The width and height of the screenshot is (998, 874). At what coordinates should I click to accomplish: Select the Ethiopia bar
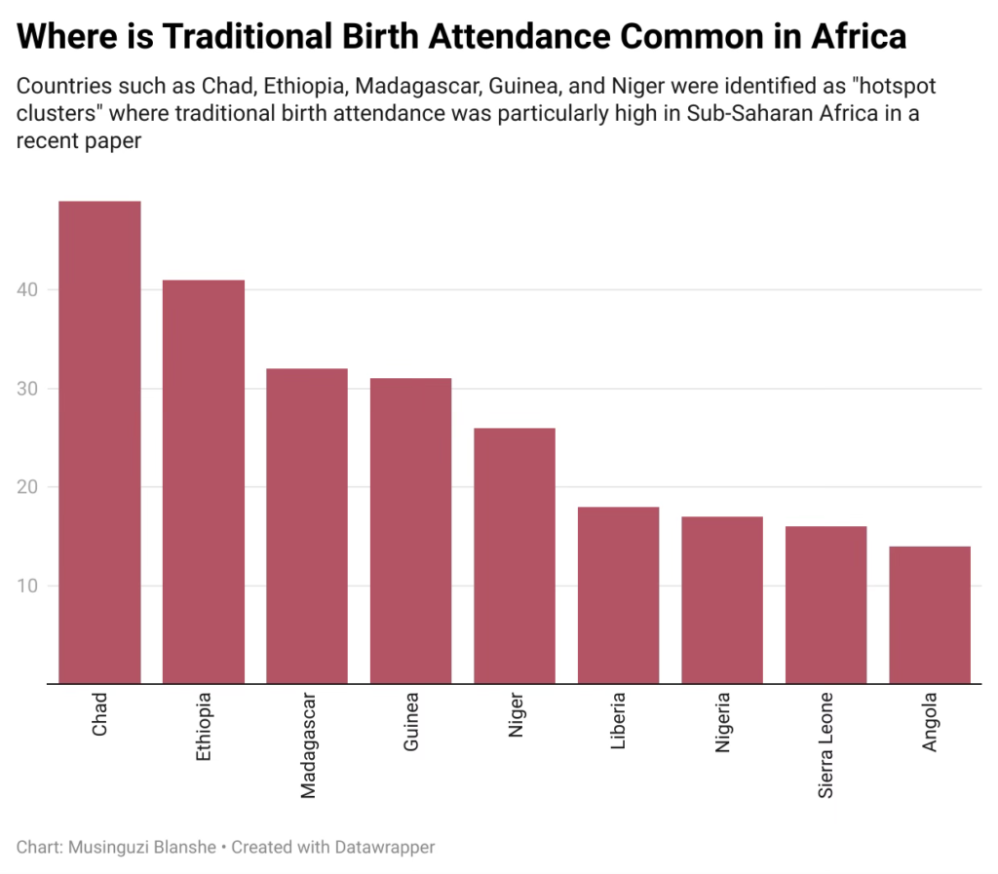coord(203,481)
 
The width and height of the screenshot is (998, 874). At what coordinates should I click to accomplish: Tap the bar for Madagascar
coord(307,525)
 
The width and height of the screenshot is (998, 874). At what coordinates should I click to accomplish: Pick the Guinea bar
coord(410,530)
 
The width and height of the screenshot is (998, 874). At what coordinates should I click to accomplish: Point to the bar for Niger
coord(515,555)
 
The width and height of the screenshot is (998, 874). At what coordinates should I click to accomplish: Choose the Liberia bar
coord(618,594)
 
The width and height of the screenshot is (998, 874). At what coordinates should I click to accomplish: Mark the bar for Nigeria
coord(721,599)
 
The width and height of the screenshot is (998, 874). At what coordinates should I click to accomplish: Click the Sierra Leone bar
coord(825,604)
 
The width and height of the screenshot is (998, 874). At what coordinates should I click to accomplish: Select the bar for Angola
coord(930,615)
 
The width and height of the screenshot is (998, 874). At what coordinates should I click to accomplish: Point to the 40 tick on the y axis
coord(28,290)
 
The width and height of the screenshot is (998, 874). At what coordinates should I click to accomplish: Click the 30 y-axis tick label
coord(28,389)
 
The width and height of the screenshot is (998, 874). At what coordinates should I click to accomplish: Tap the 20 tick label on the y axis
coord(28,487)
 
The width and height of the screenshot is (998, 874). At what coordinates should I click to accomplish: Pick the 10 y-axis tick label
coord(28,586)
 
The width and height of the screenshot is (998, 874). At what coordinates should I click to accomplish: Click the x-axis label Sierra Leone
coord(825,745)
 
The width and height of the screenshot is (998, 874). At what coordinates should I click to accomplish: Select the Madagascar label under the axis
coord(308,745)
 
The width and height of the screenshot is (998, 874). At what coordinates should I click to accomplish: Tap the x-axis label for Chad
coord(100,713)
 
